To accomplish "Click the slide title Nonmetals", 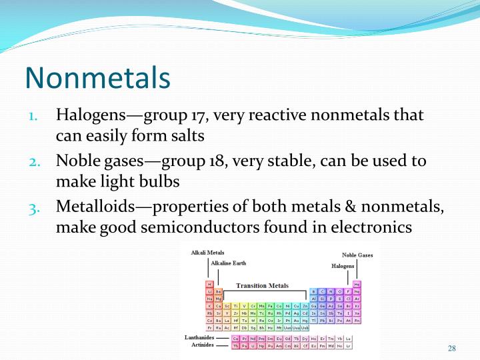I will click(97, 77).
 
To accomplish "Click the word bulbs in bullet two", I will click(158, 181).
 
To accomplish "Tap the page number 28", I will click(451, 349).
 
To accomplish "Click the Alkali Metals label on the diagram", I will click(207, 253).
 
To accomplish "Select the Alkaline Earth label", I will click(228, 263).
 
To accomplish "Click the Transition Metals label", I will click(262, 285).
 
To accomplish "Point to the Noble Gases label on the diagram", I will click(357, 255).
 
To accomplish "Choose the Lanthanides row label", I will click(199, 338).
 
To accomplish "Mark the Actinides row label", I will click(201, 345).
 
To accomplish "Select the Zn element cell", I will click(305, 306).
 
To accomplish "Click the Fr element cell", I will click(209, 327).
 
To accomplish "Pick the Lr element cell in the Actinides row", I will click(348, 346).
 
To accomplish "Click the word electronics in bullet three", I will click(371, 227).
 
